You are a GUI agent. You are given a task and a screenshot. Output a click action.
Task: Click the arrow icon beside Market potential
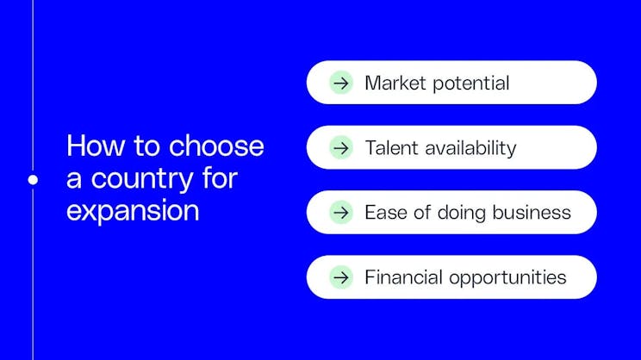pos(341,83)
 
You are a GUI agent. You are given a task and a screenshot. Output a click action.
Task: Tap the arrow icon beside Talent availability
pos(341,147)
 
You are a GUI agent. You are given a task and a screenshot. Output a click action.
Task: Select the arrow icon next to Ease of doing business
pos(341,212)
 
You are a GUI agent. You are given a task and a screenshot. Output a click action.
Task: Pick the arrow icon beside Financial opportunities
pos(341,276)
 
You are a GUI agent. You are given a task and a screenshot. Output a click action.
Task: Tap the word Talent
pos(389,147)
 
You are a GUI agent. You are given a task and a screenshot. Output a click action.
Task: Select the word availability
pos(468,148)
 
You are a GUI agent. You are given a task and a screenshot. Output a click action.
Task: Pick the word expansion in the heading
pos(132,212)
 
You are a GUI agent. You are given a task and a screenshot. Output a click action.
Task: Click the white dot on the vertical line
pos(33,179)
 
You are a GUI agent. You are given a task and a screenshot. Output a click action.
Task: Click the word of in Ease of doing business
pos(423,212)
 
